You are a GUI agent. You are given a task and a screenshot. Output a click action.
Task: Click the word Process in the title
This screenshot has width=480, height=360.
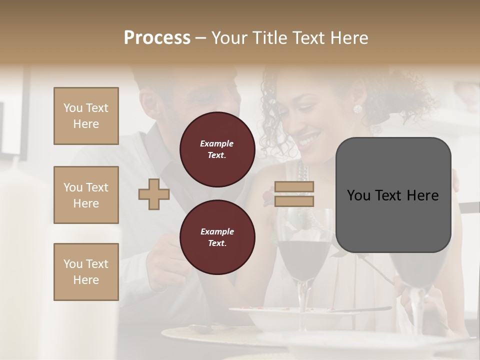coord(157,38)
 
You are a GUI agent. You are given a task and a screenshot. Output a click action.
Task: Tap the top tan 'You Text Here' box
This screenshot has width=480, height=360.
coord(86,116)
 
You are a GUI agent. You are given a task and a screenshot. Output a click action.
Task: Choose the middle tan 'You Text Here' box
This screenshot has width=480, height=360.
coord(86,195)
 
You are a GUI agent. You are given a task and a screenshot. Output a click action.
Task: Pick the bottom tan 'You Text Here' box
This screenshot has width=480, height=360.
coord(86,272)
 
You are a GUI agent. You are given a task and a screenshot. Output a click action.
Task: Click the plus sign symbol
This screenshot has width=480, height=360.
coord(154,194)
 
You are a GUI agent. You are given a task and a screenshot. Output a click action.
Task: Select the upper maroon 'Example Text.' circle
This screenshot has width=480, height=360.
coord(217,149)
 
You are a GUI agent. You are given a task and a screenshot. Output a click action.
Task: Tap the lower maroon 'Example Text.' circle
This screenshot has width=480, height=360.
coord(217,237)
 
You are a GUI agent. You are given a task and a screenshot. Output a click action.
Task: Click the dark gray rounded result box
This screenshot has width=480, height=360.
coord(393,195)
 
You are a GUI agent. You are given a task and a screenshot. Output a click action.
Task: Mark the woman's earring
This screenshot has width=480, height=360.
coord(357,109)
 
